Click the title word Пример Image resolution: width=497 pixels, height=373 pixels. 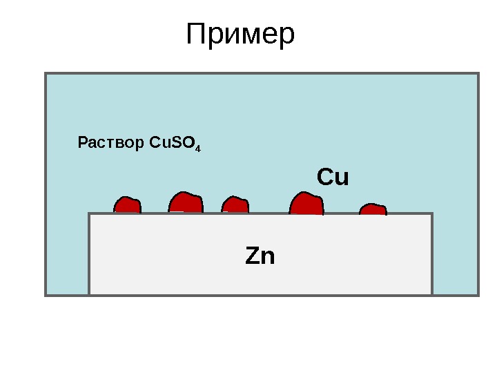[241, 35]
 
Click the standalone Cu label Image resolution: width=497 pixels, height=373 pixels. [333, 178]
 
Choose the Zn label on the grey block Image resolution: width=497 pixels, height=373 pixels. [260, 256]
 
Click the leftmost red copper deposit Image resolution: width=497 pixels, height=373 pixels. [127, 205]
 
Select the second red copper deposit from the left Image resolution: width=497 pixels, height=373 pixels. [186, 202]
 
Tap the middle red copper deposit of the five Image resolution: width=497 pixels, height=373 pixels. [235, 205]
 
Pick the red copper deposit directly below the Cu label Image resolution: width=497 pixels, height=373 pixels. [306, 204]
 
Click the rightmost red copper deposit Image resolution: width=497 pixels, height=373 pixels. [373, 209]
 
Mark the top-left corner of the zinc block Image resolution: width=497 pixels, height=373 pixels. [90, 214]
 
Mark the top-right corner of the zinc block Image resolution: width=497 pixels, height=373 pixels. [432, 214]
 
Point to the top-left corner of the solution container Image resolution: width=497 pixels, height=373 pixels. [46, 73]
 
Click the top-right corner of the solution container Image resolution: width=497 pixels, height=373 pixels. [478, 73]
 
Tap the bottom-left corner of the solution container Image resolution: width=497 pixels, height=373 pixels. [46, 295]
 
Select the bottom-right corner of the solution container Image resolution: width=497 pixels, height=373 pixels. [478, 295]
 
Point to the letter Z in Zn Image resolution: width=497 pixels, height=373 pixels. [253, 256]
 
